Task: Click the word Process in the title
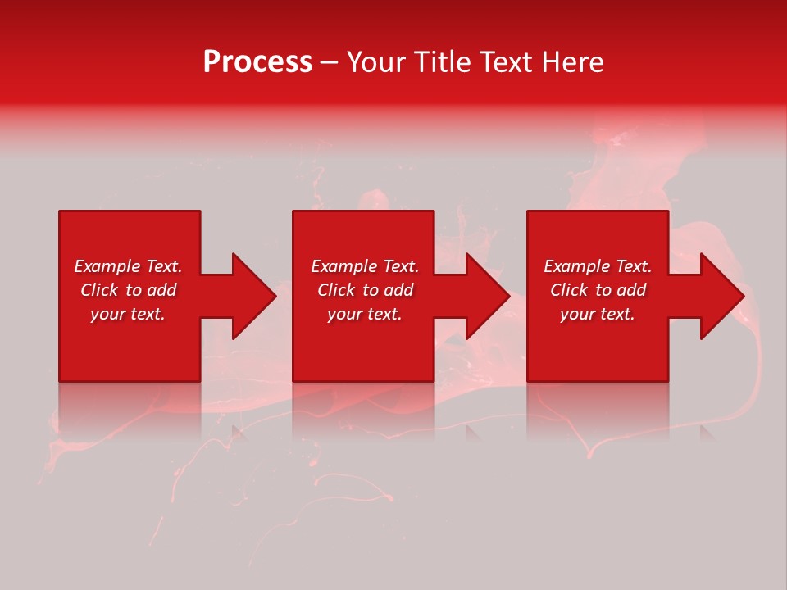tap(257, 62)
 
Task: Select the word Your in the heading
tap(376, 62)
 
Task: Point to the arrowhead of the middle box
tap(497, 296)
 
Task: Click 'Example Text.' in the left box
tap(128, 266)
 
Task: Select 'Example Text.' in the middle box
tap(365, 266)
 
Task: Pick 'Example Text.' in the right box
tap(598, 266)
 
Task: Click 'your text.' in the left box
tap(128, 314)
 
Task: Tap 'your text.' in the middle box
tap(365, 314)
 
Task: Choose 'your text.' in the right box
tap(598, 314)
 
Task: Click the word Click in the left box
tap(99, 290)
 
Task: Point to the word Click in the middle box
tap(336, 290)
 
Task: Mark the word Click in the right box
tap(569, 290)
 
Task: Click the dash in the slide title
tap(329, 62)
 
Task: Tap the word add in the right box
tap(630, 290)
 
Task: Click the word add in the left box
tap(161, 290)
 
